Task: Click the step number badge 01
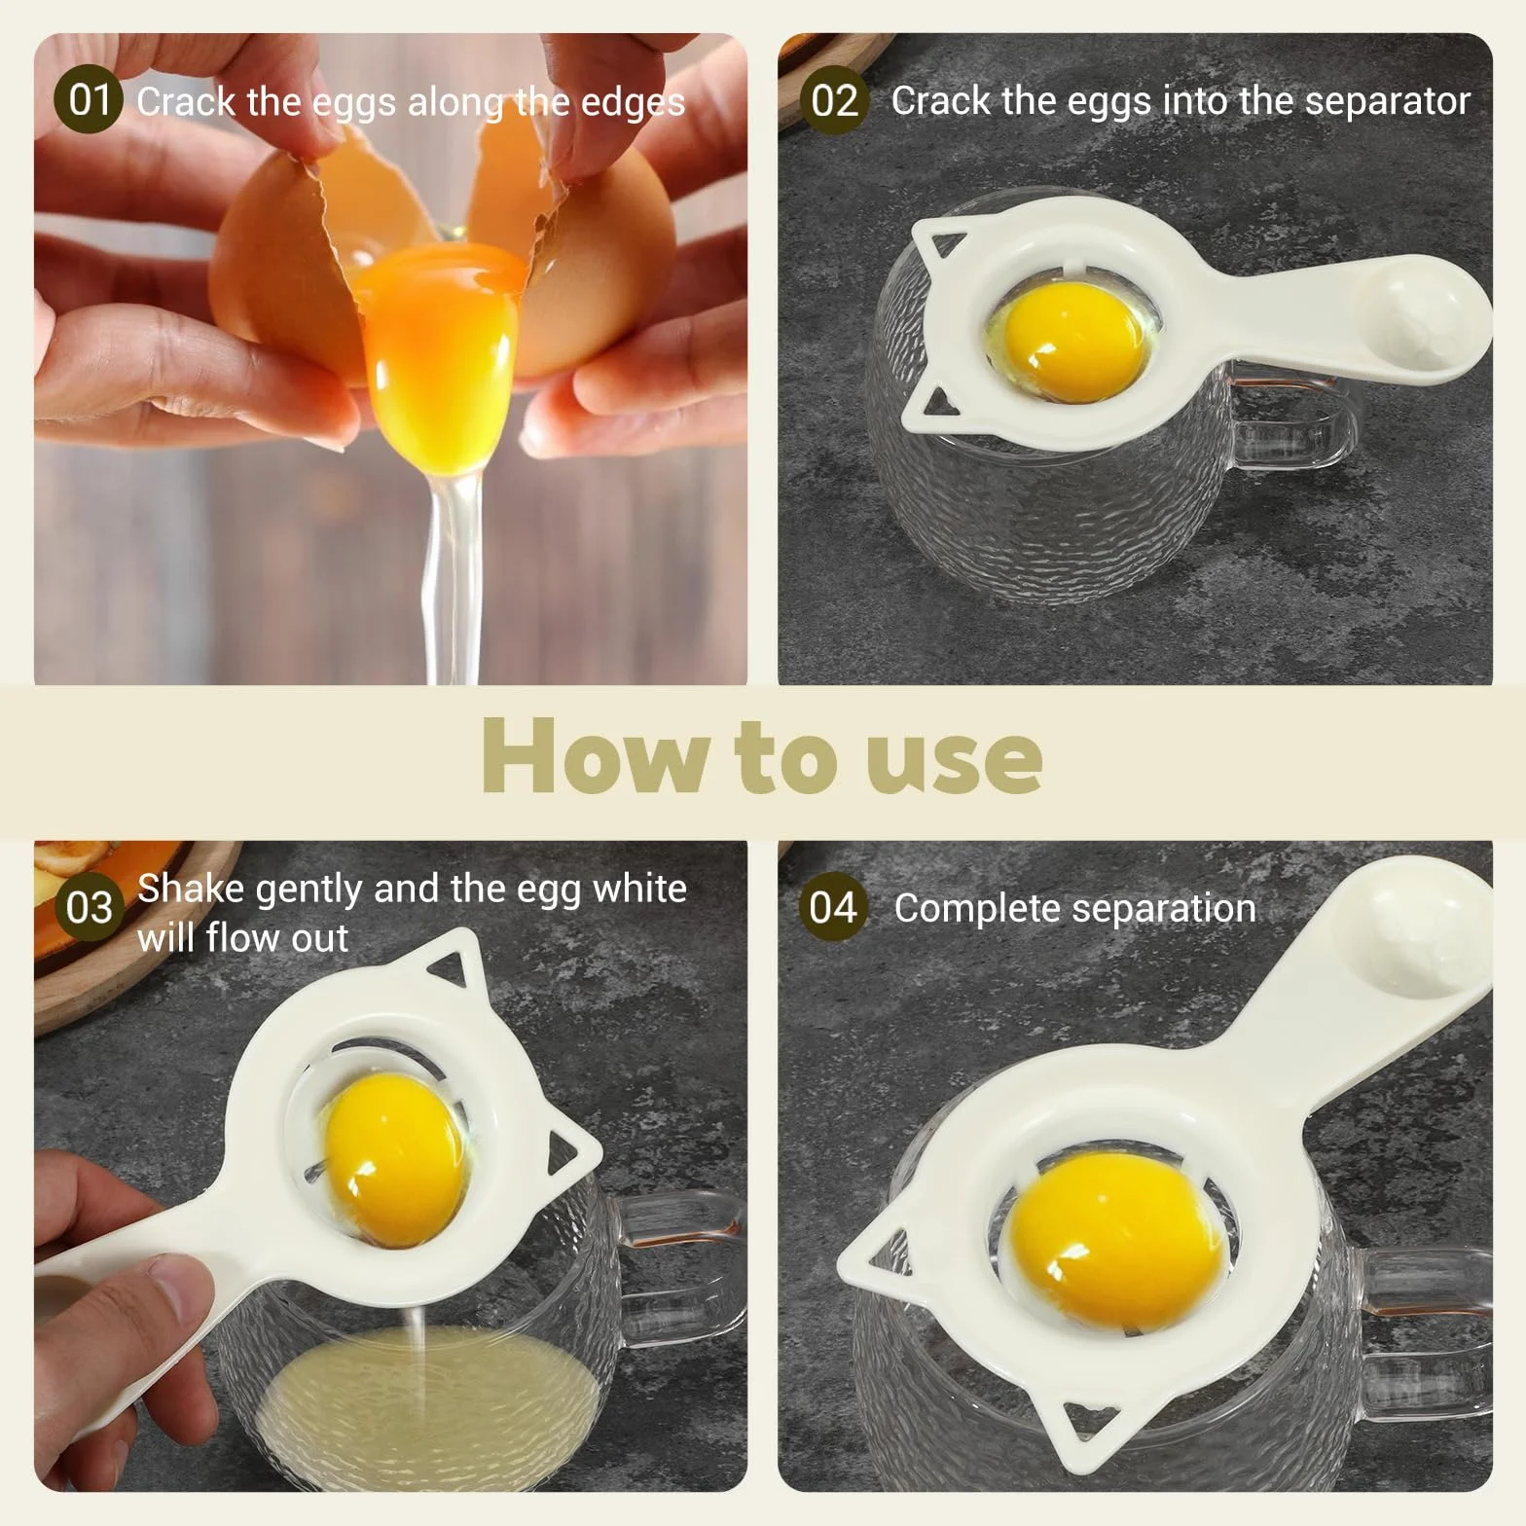tap(89, 100)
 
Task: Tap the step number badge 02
tap(834, 100)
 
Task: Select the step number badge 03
tap(89, 907)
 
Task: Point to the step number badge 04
tap(834, 907)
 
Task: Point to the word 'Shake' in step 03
tap(189, 889)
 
